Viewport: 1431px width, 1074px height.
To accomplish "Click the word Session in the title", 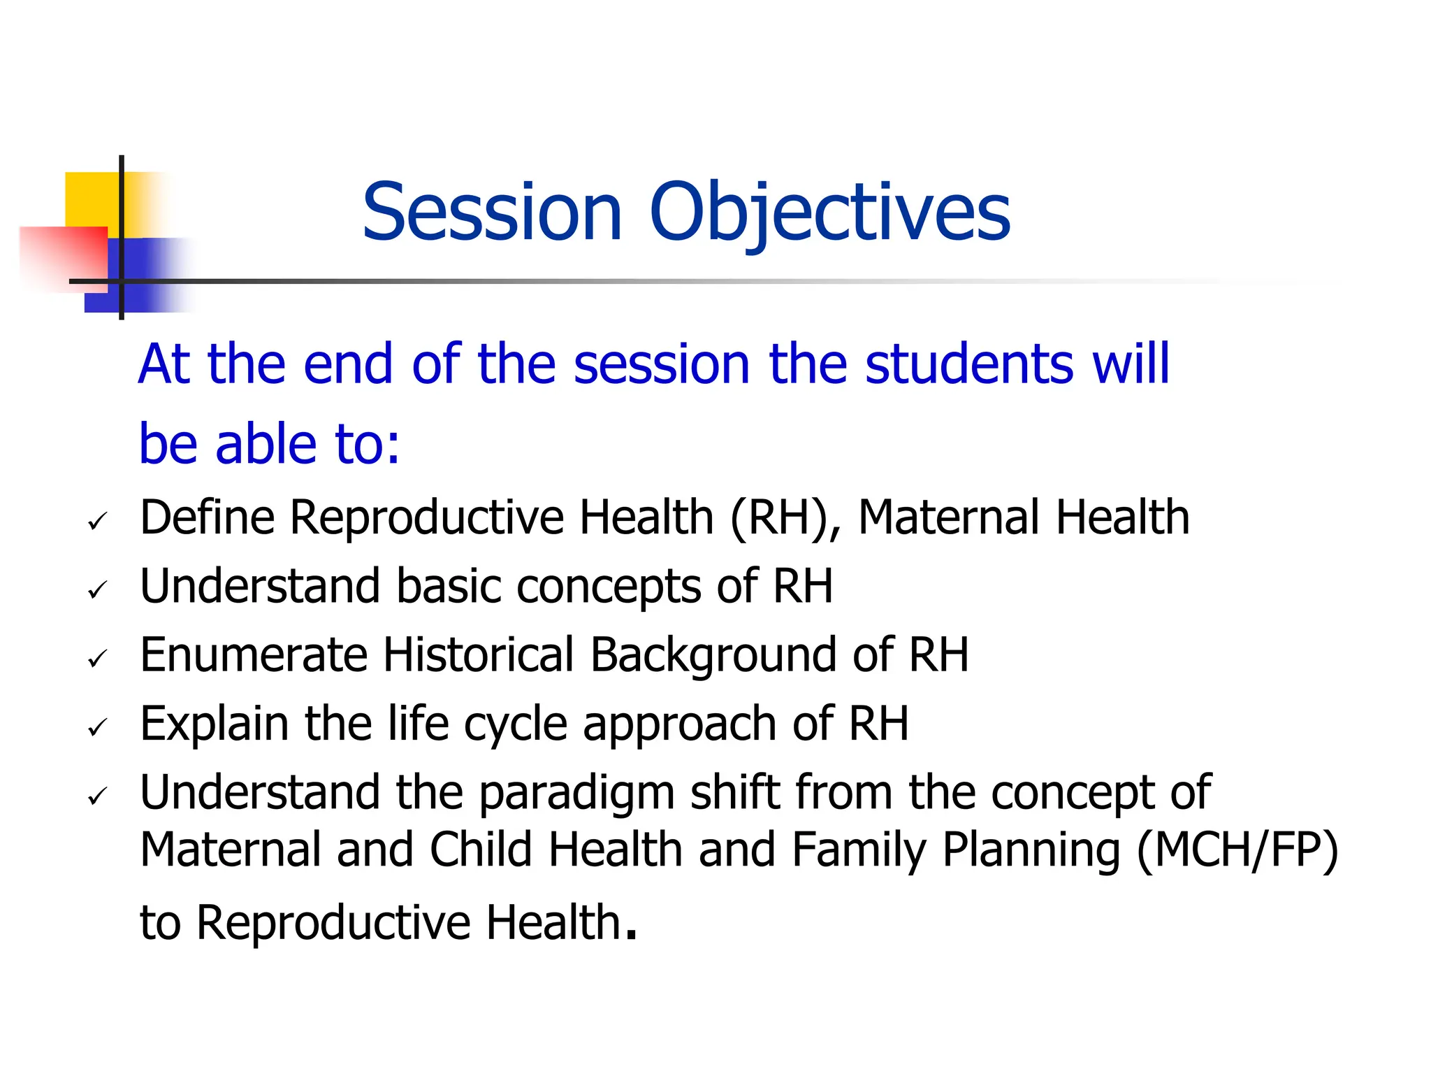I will point(492,212).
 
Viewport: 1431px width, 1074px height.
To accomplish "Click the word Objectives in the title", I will point(829,212).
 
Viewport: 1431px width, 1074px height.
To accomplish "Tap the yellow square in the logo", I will point(91,199).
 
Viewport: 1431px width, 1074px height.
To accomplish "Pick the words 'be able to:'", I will point(269,444).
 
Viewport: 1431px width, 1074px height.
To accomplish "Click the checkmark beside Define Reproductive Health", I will point(97,521).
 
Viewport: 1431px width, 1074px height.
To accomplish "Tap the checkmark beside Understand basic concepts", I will point(97,590).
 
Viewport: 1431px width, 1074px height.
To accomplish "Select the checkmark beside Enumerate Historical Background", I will point(97,659).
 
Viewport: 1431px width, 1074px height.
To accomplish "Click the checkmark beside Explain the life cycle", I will point(97,727).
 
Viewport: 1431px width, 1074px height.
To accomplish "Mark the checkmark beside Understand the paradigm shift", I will point(97,796).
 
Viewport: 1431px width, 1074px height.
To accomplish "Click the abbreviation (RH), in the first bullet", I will point(785,518).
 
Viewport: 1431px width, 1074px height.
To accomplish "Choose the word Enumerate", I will point(254,655).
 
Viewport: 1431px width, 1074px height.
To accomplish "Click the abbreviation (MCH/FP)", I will point(1237,851).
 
